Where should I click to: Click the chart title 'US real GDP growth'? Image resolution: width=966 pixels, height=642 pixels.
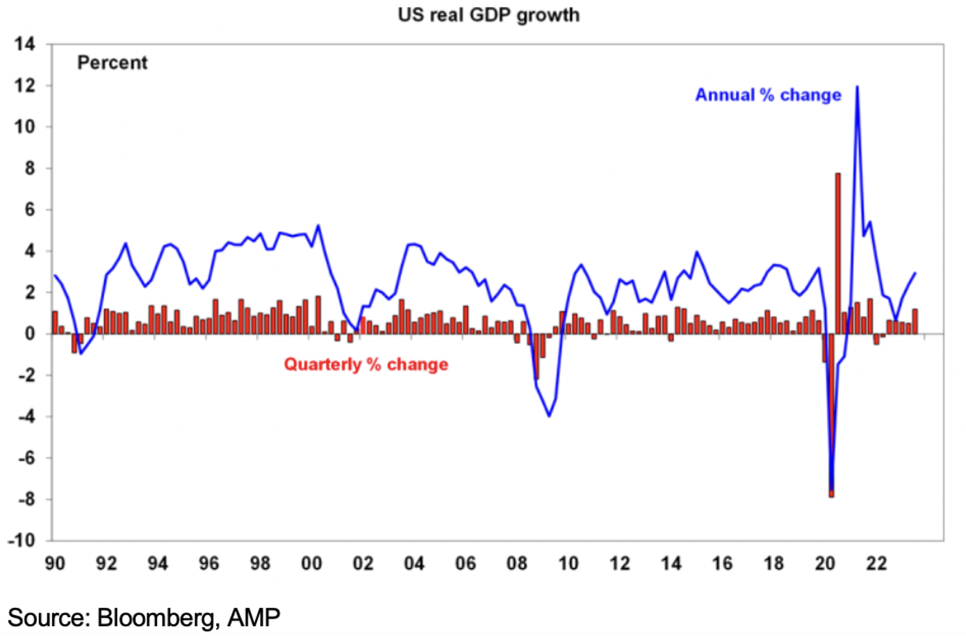tap(488, 15)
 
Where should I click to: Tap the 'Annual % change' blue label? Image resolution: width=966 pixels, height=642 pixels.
tap(768, 95)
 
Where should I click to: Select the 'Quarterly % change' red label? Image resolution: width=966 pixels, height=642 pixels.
tap(366, 365)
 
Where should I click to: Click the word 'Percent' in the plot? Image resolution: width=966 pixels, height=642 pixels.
tap(112, 63)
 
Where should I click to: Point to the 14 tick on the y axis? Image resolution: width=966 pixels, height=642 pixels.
tap(25, 44)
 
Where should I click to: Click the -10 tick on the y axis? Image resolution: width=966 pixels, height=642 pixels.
tap(22, 540)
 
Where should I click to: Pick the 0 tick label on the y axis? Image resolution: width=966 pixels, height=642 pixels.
tap(29, 334)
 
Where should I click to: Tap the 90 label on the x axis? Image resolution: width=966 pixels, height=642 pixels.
tap(55, 563)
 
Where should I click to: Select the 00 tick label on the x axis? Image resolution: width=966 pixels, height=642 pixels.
tap(311, 563)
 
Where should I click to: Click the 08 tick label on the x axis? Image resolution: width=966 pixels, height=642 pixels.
tap(516, 563)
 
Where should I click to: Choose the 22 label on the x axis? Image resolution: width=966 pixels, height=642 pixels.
tap(876, 563)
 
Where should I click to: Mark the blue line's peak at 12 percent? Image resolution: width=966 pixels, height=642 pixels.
tap(857, 87)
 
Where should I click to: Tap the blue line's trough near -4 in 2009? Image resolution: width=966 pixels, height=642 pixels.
tap(549, 415)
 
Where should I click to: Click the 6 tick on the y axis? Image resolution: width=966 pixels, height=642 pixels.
tap(29, 210)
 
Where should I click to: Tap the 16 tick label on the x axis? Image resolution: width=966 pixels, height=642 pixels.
tap(722, 563)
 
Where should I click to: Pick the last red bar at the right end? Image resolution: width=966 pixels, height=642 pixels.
tap(915, 322)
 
